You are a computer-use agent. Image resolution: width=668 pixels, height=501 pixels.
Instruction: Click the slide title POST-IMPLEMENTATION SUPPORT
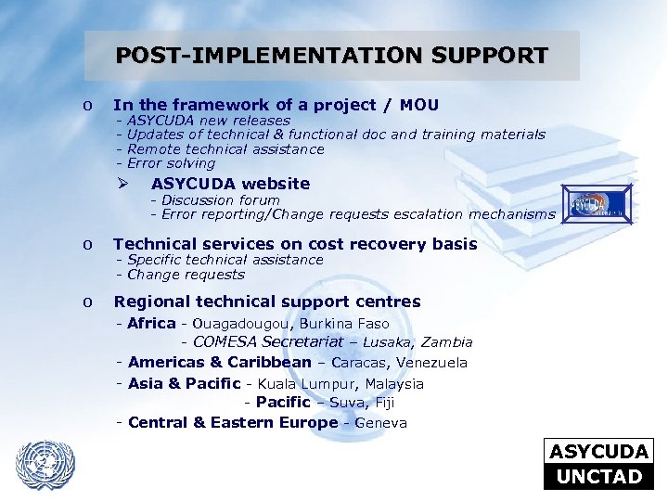pos(331,56)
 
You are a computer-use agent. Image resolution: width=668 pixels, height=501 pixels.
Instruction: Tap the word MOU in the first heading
pos(419,106)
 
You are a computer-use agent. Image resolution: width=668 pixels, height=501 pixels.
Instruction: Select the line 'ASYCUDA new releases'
pos(208,121)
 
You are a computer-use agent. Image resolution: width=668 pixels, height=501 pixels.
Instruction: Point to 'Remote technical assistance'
pos(225,149)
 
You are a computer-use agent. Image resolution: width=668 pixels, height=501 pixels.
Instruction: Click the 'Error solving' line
pos(171,163)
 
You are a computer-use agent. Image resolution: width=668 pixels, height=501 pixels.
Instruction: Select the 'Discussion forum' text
pos(221,199)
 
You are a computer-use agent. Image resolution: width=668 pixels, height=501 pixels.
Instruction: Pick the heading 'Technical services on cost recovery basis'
pos(295,244)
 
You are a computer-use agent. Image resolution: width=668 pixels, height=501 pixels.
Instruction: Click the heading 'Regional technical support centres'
pos(266,302)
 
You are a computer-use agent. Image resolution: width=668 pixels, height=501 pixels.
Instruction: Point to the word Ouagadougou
pos(241,324)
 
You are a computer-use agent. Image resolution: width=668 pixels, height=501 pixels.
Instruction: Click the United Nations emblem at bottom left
pos(45,462)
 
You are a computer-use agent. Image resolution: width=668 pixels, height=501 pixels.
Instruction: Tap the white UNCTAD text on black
pos(598,477)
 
